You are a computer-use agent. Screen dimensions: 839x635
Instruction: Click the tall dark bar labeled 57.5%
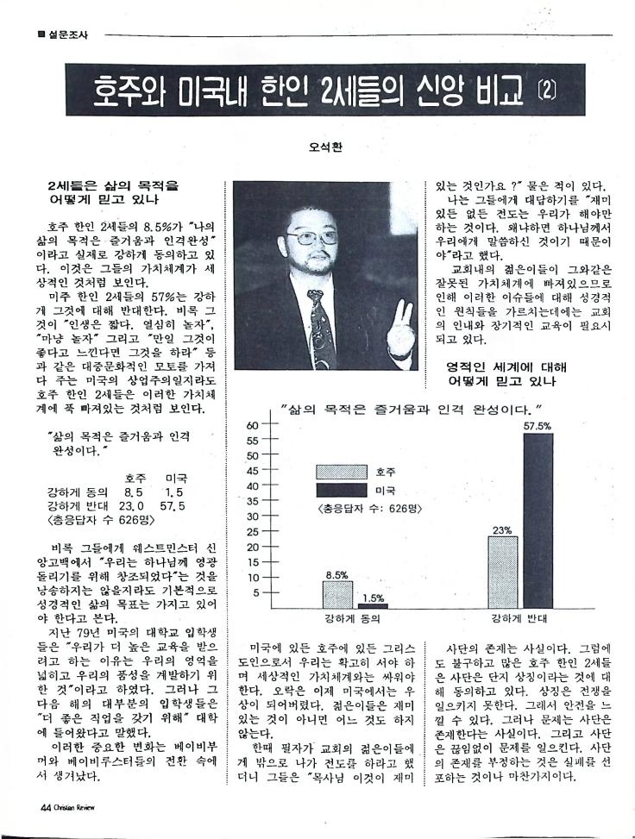click(537, 521)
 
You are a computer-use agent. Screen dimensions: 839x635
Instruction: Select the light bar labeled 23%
click(503, 573)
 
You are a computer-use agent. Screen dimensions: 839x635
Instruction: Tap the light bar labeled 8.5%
click(337, 594)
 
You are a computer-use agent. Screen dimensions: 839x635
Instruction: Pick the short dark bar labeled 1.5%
click(373, 606)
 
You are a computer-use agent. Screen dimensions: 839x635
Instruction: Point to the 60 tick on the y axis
click(252, 424)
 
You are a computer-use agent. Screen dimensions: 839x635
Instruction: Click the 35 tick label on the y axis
click(252, 501)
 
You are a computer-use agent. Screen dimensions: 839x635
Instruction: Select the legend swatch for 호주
click(343, 472)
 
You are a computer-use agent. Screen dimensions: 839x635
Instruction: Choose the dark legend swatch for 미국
click(343, 490)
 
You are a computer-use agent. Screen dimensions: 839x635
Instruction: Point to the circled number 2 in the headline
click(546, 90)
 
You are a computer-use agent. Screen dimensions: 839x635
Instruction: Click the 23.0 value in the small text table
click(129, 506)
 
